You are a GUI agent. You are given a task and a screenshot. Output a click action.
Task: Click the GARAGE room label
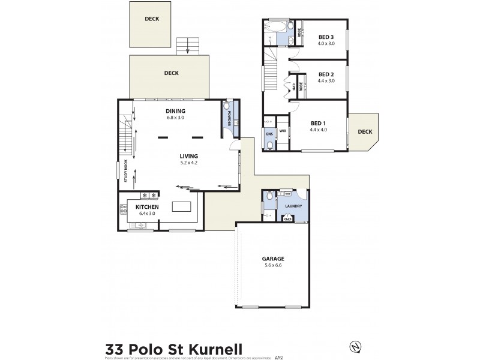pyautogui.click(x=272, y=259)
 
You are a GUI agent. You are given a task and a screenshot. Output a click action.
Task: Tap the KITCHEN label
pyautogui.click(x=147, y=207)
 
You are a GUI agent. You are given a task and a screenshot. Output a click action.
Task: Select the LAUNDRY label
pyautogui.click(x=294, y=206)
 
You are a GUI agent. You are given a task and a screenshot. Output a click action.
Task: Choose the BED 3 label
pyautogui.click(x=326, y=37)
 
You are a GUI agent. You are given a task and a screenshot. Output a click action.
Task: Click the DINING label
pyautogui.click(x=175, y=111)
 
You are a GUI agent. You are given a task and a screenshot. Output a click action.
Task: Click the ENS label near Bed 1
pyautogui.click(x=269, y=134)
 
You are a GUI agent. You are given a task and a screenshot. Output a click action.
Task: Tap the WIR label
pyautogui.click(x=282, y=130)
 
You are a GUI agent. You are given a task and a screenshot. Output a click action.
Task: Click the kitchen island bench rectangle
pyautogui.click(x=181, y=206)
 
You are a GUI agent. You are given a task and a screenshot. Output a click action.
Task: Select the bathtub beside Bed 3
pyautogui.click(x=277, y=26)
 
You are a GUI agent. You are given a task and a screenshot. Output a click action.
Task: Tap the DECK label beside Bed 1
pyautogui.click(x=365, y=132)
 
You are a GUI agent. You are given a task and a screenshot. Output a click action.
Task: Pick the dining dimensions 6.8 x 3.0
pyautogui.click(x=175, y=118)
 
